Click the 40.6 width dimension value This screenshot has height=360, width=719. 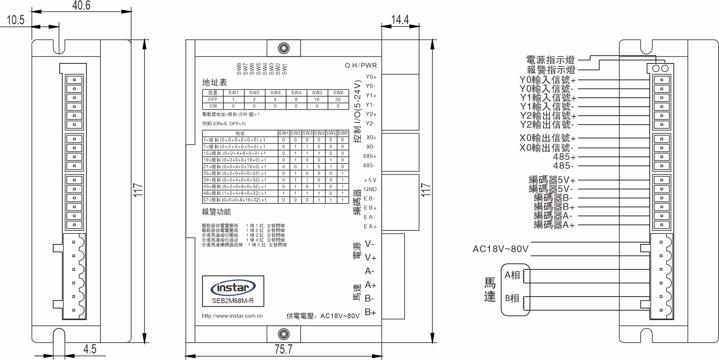pos(81,6)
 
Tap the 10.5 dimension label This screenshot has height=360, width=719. pos(16,20)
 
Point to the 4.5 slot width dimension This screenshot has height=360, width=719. pos(90,349)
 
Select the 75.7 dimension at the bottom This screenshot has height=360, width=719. pos(283,350)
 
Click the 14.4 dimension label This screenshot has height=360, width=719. pos(400,19)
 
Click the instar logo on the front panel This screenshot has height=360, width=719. pos(233,288)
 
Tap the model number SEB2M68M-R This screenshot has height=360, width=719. pos(233,301)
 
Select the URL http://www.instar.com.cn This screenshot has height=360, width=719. pos(232,316)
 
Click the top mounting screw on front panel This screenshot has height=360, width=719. pos(284,48)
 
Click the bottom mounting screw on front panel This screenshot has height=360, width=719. pos(284,334)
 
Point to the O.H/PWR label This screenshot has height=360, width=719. pos(361,66)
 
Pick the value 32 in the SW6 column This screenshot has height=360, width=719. pos(338,100)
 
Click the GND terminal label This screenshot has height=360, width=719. pos(370,190)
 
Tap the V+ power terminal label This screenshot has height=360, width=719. pos(371,258)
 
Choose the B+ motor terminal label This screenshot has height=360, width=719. pos(370,312)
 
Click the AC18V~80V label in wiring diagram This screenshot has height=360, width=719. pos(500,249)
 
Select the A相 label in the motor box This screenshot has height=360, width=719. pos(512,275)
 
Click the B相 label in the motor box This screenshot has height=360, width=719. pos(512,298)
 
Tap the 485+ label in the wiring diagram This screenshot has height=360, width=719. pos(564,157)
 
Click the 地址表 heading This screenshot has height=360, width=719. pos(214,82)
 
